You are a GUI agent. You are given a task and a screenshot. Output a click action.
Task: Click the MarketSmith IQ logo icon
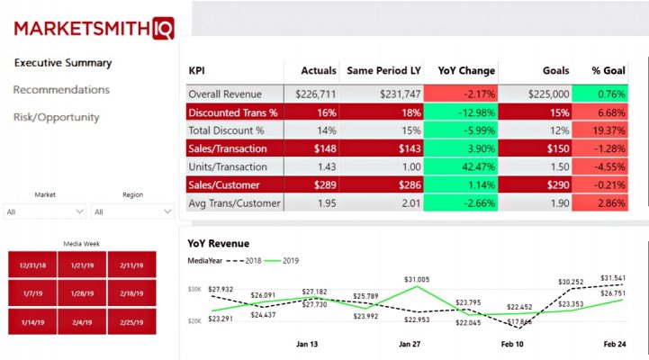163,28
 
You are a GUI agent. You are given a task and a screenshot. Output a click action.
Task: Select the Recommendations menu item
61,90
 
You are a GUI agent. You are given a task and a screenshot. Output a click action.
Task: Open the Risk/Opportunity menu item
57,118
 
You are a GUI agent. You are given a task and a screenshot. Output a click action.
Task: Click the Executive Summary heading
63,63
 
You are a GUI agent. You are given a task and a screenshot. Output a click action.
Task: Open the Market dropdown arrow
79,211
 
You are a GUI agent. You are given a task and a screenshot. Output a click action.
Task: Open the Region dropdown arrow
167,211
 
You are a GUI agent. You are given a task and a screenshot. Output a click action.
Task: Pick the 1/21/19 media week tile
83,265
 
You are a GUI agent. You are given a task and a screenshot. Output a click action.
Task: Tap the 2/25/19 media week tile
132,322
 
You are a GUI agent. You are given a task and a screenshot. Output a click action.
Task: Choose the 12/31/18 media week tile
32,265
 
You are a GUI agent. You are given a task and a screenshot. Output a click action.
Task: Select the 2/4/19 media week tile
83,322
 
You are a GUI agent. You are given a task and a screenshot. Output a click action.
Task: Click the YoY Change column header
466,71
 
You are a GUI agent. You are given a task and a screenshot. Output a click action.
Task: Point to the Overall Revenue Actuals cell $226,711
315,94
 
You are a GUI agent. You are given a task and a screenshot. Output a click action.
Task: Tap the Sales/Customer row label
224,185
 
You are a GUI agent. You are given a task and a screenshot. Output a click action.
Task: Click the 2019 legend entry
282,261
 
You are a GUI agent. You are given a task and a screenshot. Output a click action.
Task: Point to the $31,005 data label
417,279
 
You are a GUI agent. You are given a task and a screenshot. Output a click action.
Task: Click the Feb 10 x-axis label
512,344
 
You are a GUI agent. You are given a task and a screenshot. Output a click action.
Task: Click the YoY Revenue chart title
219,243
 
